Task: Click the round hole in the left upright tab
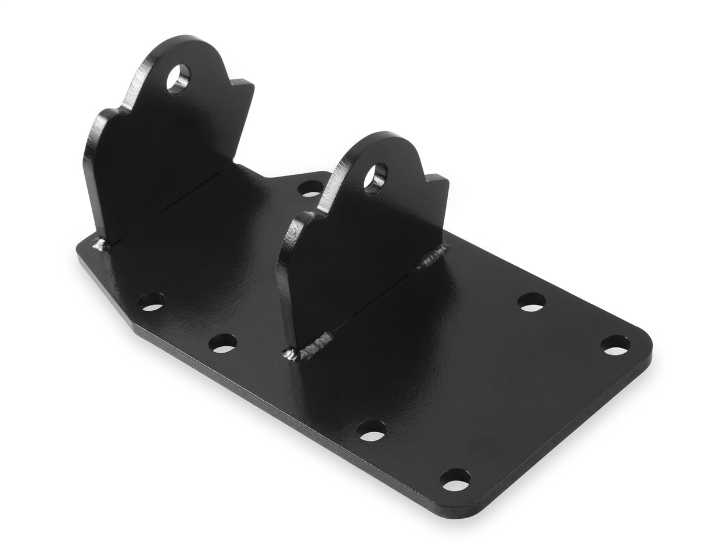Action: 178,78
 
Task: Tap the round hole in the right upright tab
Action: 375,177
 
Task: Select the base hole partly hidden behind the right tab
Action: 311,188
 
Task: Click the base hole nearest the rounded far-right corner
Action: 615,346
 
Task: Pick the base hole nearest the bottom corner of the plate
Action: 456,479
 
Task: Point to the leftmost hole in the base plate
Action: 151,301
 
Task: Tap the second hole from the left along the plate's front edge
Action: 223,343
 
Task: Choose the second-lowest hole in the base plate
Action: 372,430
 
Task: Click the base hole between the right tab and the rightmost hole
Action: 531,302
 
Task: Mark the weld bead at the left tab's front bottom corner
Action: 102,246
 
